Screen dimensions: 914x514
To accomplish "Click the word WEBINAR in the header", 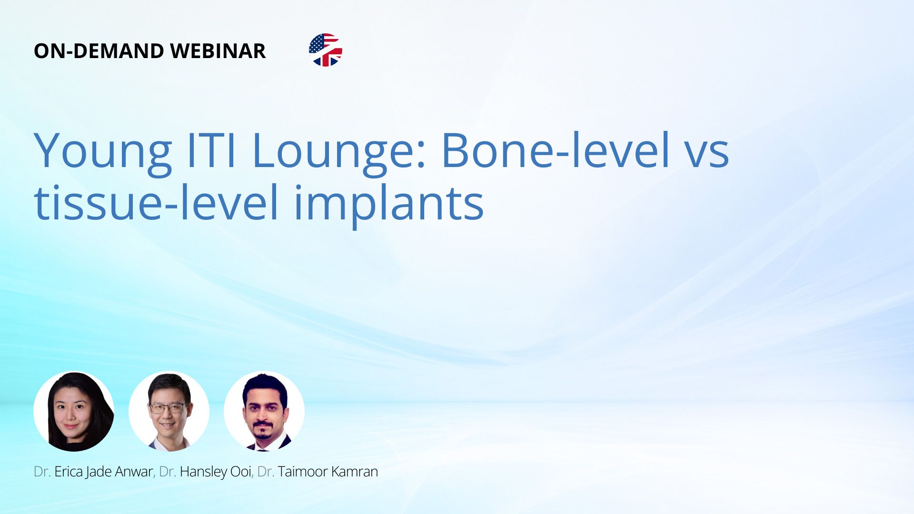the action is coord(218,51).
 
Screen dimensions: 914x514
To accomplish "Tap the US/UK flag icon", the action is coord(326,50).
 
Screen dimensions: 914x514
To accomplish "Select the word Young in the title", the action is coord(103,152).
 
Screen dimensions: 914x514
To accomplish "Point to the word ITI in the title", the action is coord(212,150).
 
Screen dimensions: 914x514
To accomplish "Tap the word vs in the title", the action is coord(708,155).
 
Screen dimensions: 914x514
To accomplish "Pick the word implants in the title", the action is coord(389,206).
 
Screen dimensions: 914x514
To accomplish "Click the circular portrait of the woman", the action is coord(74,411).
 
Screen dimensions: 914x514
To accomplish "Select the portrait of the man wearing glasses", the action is coord(169,411).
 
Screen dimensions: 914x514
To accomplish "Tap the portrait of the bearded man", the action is coord(264,411).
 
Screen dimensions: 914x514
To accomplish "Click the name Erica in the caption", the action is coord(69,472).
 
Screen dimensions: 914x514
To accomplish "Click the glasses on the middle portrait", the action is coord(168,408).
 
